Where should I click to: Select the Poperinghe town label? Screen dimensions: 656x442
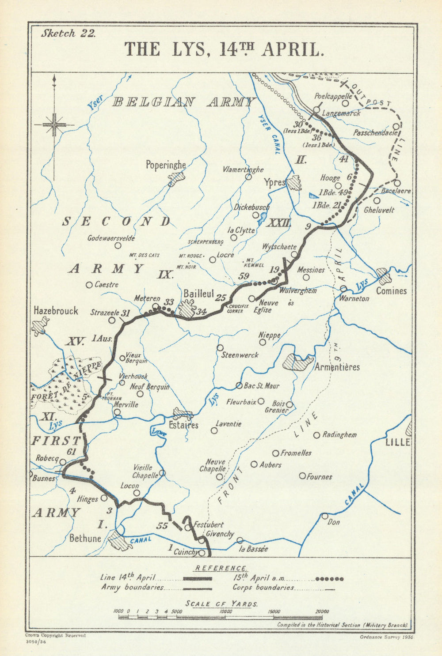click(x=166, y=165)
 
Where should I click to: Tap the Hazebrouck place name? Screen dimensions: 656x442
click(x=56, y=311)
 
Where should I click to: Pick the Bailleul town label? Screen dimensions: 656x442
click(x=198, y=293)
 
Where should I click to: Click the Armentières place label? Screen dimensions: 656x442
click(x=337, y=367)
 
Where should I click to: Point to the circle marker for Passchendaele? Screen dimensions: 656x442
click(x=396, y=126)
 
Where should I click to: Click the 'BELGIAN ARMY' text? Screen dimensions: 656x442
click(x=184, y=102)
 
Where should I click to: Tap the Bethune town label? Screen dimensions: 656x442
click(x=85, y=538)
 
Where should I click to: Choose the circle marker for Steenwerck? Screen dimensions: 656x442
click(x=220, y=348)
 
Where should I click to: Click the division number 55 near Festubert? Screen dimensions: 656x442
click(x=162, y=526)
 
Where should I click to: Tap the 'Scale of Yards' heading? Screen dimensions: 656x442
click(x=222, y=603)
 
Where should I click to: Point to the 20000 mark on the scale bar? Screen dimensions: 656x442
click(x=322, y=611)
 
